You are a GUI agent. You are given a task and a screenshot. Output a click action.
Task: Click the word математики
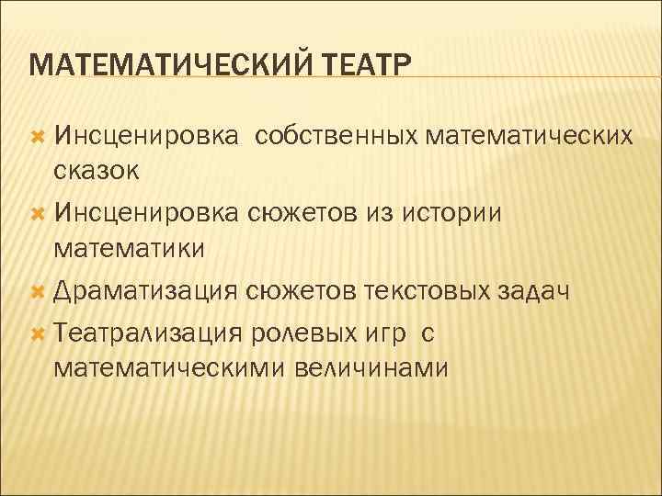pyautogui.click(x=130, y=248)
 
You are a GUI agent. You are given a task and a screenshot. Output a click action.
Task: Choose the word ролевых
pyautogui.click(x=300, y=333)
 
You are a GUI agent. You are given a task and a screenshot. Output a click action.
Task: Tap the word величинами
pyautogui.click(x=371, y=368)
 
